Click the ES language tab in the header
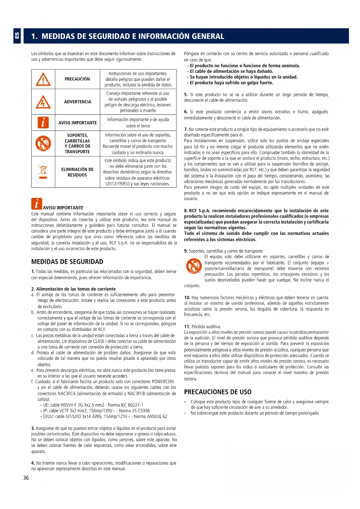coord(17,36)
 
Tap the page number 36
coord(26,478)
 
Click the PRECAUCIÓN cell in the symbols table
coord(77,79)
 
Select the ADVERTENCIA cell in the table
coord(77,102)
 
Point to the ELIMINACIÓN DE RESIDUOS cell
coord(77,172)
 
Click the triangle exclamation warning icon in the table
coord(43,79)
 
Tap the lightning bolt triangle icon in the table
coord(43,102)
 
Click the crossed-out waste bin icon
coord(43,172)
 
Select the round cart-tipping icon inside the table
coord(43,143)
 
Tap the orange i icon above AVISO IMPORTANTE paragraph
coord(37,204)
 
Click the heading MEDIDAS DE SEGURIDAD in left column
coord(67,262)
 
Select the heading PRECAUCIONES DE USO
coord(218,392)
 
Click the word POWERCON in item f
coord(163,382)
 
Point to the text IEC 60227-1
coord(131,405)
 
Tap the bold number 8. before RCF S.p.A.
coord(186,211)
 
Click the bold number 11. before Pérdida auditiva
coord(187,326)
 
